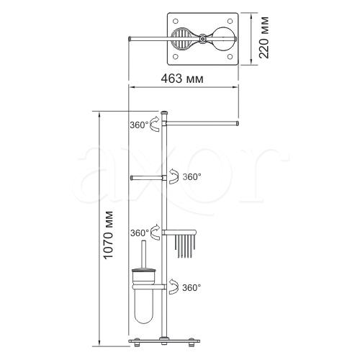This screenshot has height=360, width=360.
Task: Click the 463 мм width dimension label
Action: [182, 78]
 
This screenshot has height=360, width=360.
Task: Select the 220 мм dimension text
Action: [264, 37]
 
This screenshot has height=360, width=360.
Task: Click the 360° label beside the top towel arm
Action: [139, 125]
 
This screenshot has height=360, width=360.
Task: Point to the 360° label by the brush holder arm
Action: [192, 287]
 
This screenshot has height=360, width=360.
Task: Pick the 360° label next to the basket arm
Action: [140, 233]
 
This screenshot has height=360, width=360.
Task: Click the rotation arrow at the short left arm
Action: [174, 176]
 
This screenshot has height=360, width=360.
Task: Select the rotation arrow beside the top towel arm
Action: [155, 124]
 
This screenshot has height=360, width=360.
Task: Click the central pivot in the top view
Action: [203, 38]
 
